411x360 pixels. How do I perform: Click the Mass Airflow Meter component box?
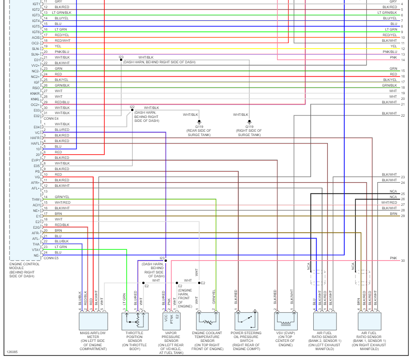coord(93,321)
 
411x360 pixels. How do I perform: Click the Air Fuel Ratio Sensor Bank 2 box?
coord(324,321)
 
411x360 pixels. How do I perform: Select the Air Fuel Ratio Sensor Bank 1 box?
coord(369,321)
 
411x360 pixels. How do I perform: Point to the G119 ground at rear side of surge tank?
coord(199,123)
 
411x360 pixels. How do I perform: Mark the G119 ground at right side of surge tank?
coord(249,123)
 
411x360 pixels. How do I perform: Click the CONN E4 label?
coord(51,118)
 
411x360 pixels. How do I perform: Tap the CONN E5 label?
coord(51,258)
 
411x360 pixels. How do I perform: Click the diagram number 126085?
coord(12,352)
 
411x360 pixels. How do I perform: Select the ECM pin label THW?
coord(36,199)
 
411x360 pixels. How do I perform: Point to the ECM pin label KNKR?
coord(35,93)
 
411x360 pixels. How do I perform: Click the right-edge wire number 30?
coord(403,261)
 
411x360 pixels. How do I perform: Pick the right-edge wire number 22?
coord(403,115)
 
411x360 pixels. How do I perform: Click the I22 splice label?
coord(132,107)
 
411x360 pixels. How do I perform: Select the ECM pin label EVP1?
coord(35,160)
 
